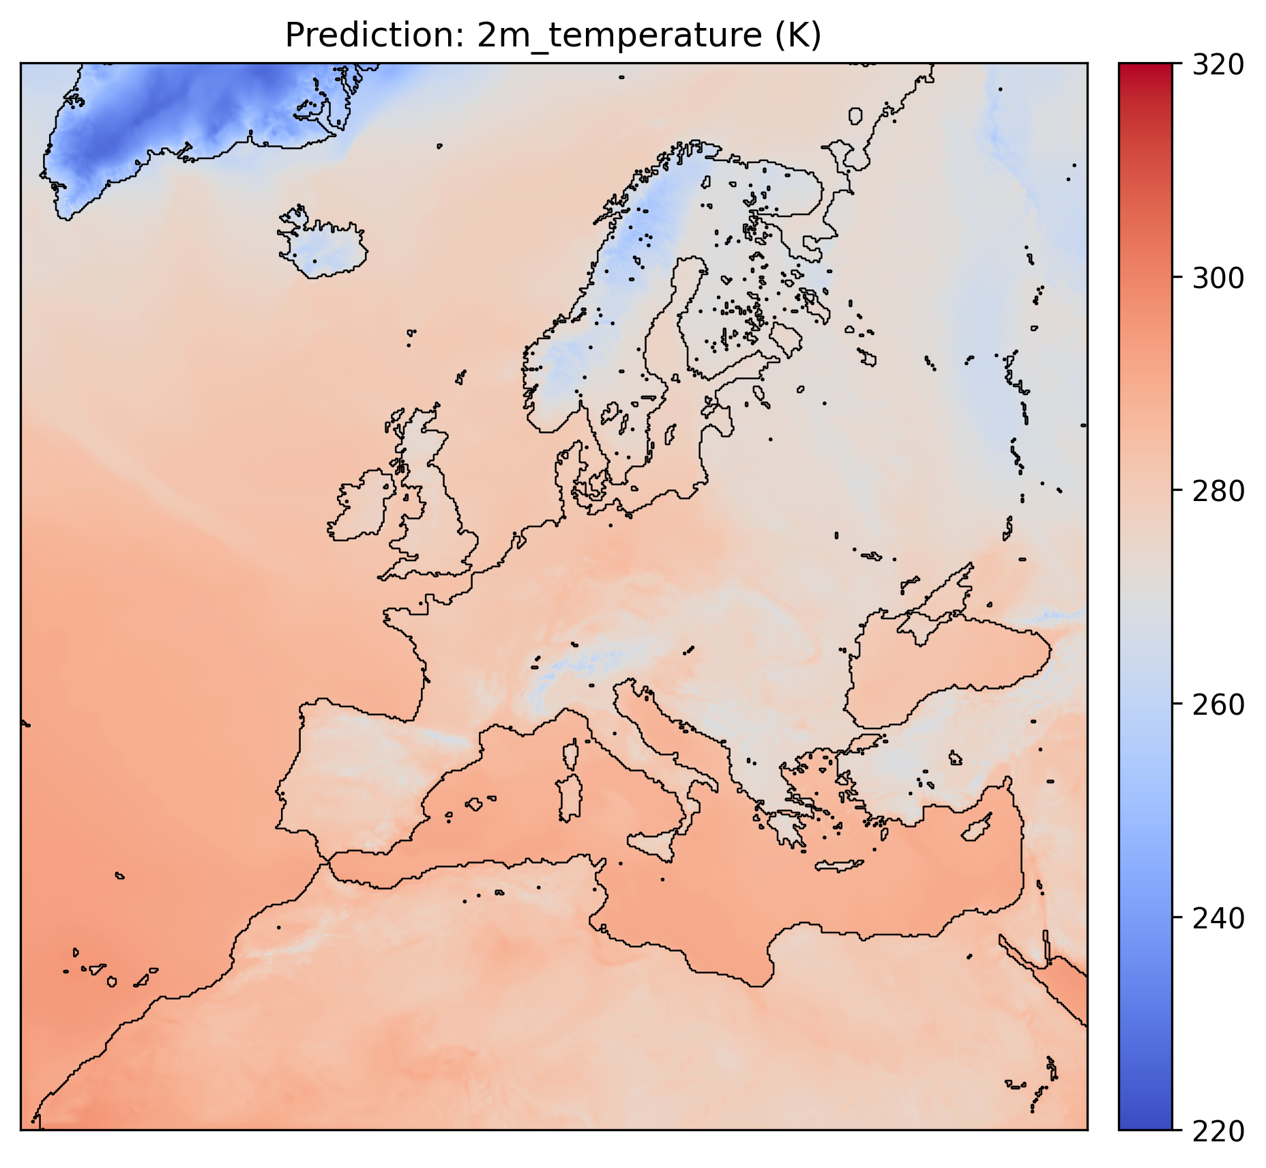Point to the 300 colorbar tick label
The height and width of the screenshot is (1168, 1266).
(1218, 278)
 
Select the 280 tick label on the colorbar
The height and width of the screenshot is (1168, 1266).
(1218, 491)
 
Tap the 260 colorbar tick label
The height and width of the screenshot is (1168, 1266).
(1218, 704)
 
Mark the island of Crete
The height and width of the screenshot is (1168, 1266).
(839, 866)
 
